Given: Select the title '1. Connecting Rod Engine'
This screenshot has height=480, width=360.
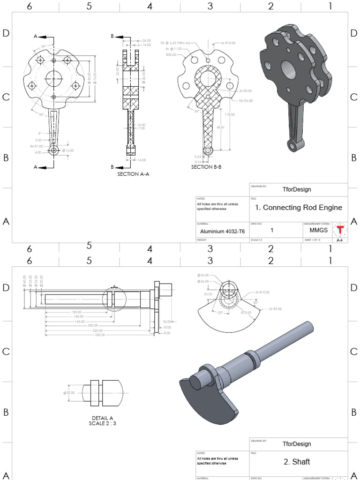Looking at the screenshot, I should pyautogui.click(x=298, y=208).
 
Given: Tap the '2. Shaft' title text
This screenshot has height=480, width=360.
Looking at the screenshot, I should pyautogui.click(x=297, y=462).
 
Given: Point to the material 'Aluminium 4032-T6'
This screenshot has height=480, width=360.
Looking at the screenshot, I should pyautogui.click(x=222, y=231).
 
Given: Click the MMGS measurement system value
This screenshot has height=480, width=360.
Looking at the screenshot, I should pyautogui.click(x=318, y=230).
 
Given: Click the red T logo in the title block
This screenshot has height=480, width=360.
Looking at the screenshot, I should pyautogui.click(x=340, y=230).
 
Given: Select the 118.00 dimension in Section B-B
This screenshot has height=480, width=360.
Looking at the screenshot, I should pyautogui.click(x=230, y=114).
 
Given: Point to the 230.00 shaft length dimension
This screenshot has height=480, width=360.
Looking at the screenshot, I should pyautogui.click(x=99, y=335).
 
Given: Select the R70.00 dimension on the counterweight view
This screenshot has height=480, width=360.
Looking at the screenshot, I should pyautogui.click(x=246, y=312).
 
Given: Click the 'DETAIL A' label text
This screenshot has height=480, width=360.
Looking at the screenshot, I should pyautogui.click(x=102, y=418).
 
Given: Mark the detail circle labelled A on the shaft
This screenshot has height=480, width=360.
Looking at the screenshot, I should pyautogui.click(x=114, y=299).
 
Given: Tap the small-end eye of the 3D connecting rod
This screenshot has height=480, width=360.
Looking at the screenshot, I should pyautogui.click(x=294, y=145).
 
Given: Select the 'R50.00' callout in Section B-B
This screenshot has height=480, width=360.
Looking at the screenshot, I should pyautogui.click(x=171, y=55).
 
